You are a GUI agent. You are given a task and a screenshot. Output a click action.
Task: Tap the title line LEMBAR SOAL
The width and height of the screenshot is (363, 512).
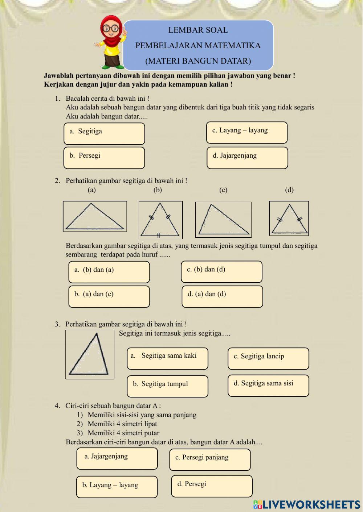click(198, 30)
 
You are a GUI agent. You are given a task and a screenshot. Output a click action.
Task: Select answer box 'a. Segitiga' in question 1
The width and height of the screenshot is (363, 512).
click(104, 133)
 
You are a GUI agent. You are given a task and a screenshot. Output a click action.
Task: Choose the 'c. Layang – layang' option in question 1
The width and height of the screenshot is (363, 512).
click(247, 133)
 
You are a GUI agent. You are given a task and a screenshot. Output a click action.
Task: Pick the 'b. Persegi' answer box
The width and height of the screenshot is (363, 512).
click(104, 158)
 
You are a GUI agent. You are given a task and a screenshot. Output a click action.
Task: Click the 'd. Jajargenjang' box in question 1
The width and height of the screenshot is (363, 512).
click(247, 158)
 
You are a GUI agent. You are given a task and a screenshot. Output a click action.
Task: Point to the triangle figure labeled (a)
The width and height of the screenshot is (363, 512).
click(95, 216)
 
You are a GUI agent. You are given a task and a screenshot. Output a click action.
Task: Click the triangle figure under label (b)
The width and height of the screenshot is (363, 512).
click(160, 220)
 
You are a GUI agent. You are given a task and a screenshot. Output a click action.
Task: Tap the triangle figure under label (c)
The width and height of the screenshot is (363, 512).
click(223, 220)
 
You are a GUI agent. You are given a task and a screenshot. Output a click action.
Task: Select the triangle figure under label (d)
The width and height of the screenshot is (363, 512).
click(289, 218)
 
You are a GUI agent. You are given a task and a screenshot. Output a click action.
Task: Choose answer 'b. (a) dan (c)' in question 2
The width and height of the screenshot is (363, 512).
click(109, 296)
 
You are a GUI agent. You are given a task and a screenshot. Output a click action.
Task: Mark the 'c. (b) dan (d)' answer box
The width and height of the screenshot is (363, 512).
click(221, 272)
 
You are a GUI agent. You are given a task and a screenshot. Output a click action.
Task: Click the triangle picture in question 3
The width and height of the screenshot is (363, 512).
click(90, 354)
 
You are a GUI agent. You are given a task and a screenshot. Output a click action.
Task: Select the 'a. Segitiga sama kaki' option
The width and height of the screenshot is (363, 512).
click(167, 358)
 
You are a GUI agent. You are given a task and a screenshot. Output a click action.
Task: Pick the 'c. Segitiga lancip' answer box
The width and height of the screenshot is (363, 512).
click(268, 358)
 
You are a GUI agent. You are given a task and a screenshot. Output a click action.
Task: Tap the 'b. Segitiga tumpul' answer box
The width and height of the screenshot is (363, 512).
click(167, 386)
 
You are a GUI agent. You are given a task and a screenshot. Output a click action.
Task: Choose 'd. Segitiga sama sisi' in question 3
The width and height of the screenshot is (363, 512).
click(268, 386)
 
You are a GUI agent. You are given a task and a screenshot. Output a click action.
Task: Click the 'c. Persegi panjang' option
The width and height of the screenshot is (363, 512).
click(210, 459)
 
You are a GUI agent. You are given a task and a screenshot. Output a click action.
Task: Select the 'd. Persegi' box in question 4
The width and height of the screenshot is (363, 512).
click(212, 486)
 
